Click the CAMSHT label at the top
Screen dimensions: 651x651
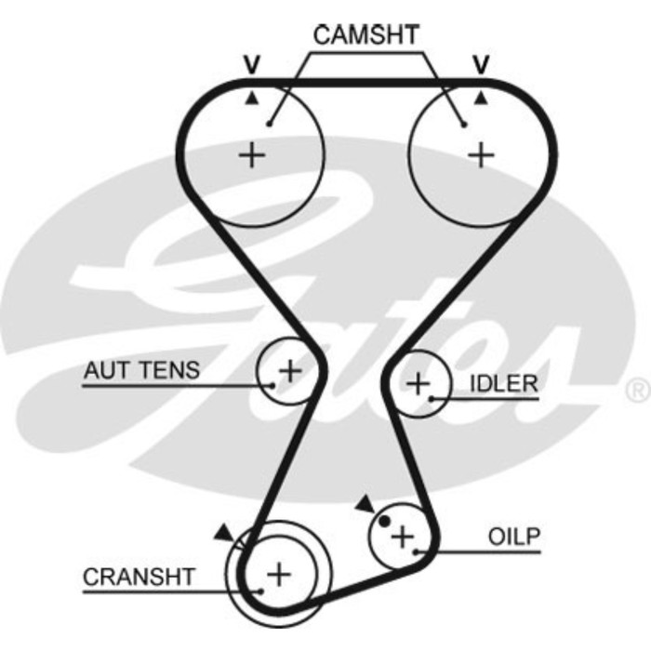[366, 35]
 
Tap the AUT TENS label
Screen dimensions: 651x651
[141, 370]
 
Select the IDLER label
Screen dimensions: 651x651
[503, 383]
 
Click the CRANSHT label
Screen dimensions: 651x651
[139, 577]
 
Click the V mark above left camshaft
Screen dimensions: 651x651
[251, 65]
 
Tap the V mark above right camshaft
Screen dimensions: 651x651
[481, 65]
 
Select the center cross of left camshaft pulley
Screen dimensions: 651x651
[251, 153]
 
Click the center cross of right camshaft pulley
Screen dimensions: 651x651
[481, 153]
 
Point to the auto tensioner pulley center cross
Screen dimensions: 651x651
[290, 370]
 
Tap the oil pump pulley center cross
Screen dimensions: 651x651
[402, 536]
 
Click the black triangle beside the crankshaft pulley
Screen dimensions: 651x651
[223, 532]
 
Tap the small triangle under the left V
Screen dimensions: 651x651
[251, 96]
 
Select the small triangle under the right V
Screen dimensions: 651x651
[481, 96]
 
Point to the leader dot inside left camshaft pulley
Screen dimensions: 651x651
[268, 123]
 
